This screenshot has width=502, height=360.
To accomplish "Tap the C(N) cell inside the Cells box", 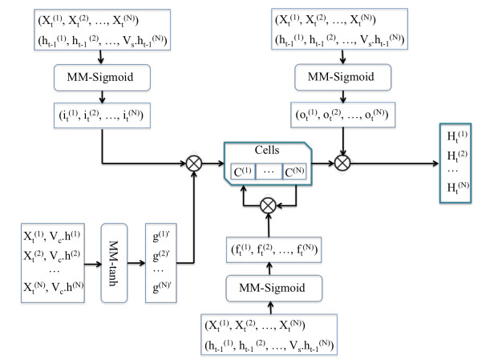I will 294,170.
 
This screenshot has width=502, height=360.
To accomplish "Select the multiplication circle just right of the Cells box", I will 344,163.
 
